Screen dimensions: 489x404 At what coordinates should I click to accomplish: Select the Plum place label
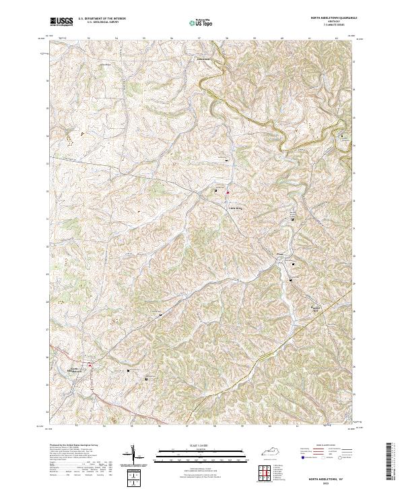tap(281, 254)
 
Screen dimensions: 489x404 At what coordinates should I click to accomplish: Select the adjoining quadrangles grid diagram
tap(263, 473)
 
